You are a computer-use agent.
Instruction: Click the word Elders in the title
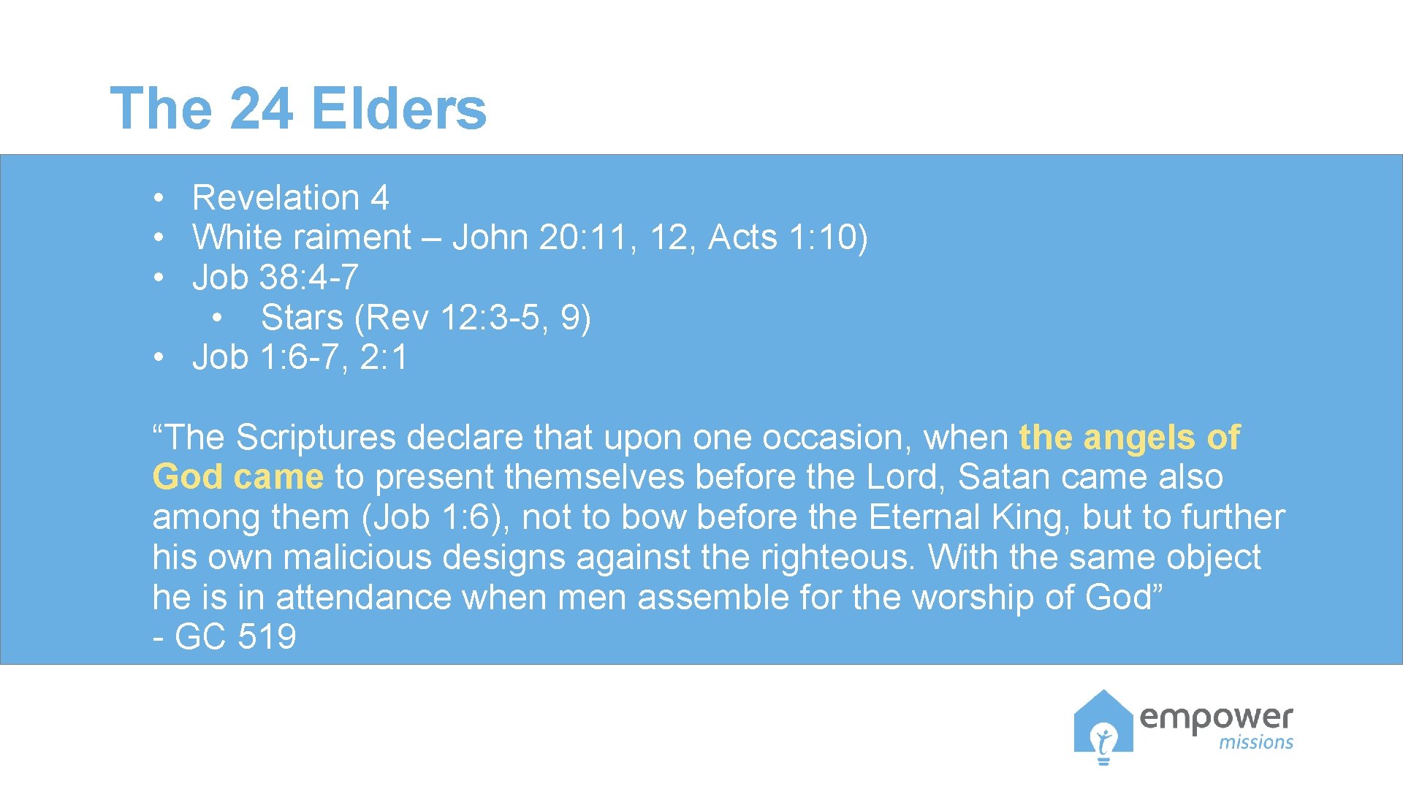tap(400, 108)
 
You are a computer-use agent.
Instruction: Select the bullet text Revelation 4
tap(290, 197)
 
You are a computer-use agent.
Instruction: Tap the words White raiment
tap(301, 237)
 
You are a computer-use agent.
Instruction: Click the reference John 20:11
tap(539, 237)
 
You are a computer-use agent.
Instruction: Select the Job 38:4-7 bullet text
tap(275, 277)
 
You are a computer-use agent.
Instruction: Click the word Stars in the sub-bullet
tap(302, 317)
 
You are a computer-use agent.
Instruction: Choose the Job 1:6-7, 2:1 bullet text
tap(300, 357)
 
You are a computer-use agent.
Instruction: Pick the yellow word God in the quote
tap(187, 477)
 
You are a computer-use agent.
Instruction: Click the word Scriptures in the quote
tap(316, 437)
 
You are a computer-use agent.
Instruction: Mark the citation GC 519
tap(235, 637)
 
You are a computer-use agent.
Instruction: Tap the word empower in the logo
tap(1216, 718)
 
